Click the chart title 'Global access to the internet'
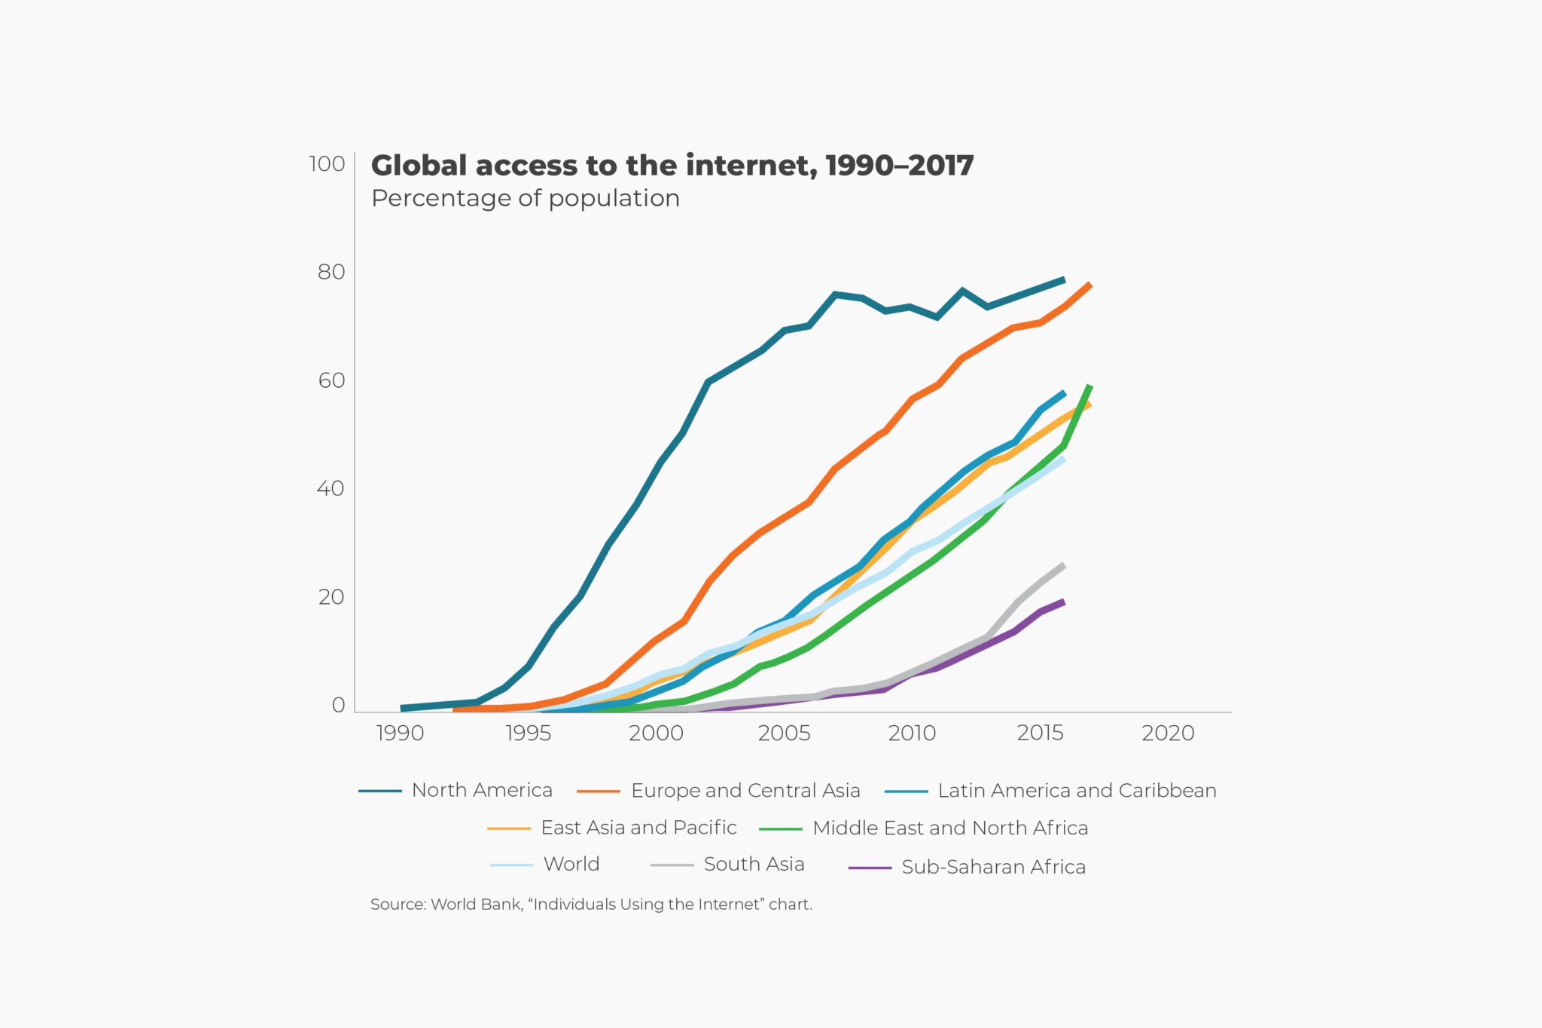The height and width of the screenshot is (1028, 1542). tap(672, 166)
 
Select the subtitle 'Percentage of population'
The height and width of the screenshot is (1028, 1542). tap(525, 198)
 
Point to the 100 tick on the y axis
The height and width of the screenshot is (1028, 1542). tap(327, 164)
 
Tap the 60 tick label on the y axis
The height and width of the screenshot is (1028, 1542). tap(331, 380)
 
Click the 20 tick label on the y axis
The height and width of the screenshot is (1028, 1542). tap(331, 597)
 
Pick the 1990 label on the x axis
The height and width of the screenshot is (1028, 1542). tap(400, 734)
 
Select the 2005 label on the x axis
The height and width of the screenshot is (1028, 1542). tap(784, 734)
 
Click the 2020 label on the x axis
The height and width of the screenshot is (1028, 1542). tap(1168, 734)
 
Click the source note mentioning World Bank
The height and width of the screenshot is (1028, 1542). tap(591, 904)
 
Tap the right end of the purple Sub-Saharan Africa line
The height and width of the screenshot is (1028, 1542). tap(1063, 602)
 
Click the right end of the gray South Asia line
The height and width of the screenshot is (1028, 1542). tap(1063, 566)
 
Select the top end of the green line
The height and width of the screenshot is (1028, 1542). tap(1089, 387)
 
